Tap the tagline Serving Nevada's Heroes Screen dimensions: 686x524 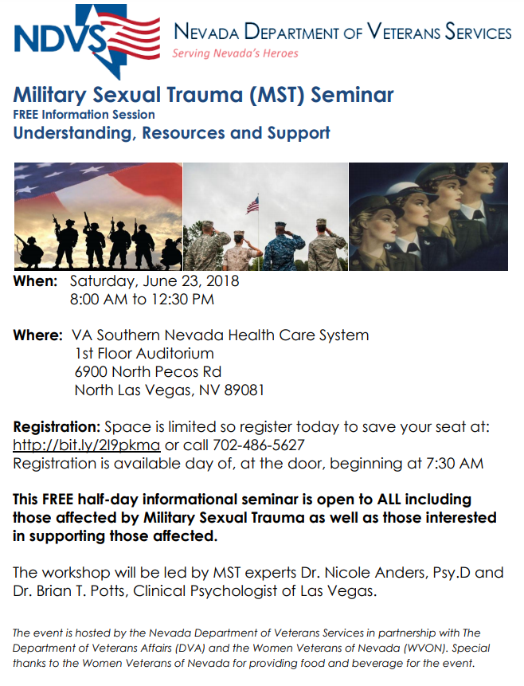tap(235, 53)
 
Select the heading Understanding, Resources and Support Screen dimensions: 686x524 tap(171, 132)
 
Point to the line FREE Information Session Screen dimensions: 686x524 tap(84, 114)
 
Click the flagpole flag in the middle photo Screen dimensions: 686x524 tap(252, 205)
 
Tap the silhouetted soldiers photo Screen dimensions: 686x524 tap(97, 217)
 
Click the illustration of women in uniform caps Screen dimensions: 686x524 tap(428, 217)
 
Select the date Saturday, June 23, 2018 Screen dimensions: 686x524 tap(154, 281)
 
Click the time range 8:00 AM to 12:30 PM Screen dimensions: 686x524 tap(143, 300)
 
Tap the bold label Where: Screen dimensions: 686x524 tap(37, 335)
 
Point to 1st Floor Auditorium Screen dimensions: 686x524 tap(144, 353)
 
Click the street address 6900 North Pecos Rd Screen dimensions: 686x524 tap(147, 372)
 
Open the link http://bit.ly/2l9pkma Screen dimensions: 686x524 tap(87, 445)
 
